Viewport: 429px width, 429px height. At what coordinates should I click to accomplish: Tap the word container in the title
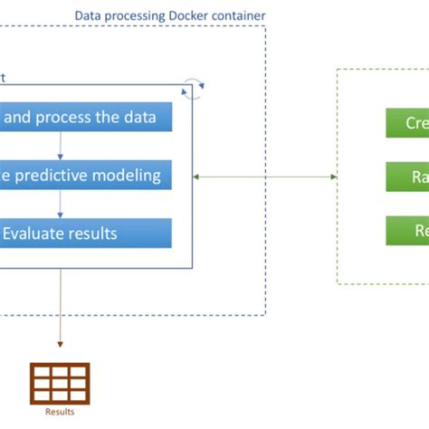(x=240, y=16)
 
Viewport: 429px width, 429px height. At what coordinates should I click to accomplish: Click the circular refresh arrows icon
(x=193, y=87)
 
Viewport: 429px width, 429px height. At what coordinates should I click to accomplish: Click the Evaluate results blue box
(x=86, y=233)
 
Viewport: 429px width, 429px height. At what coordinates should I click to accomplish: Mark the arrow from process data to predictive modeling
(x=61, y=147)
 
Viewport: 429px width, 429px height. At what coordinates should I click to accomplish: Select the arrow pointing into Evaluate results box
(x=61, y=205)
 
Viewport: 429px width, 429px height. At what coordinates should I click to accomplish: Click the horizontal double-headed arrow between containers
(x=265, y=176)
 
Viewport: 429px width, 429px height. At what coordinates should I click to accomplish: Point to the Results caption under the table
(x=60, y=412)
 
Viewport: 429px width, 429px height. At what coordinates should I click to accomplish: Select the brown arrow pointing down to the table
(x=61, y=308)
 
